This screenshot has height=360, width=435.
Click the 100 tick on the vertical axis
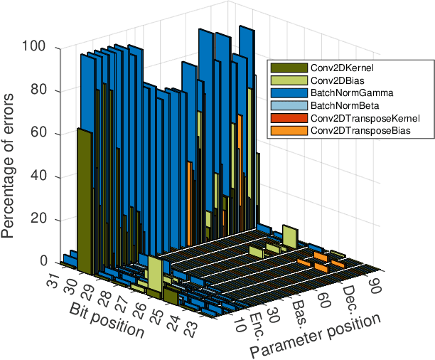tap(36, 48)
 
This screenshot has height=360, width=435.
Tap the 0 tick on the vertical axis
tap(43, 263)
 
